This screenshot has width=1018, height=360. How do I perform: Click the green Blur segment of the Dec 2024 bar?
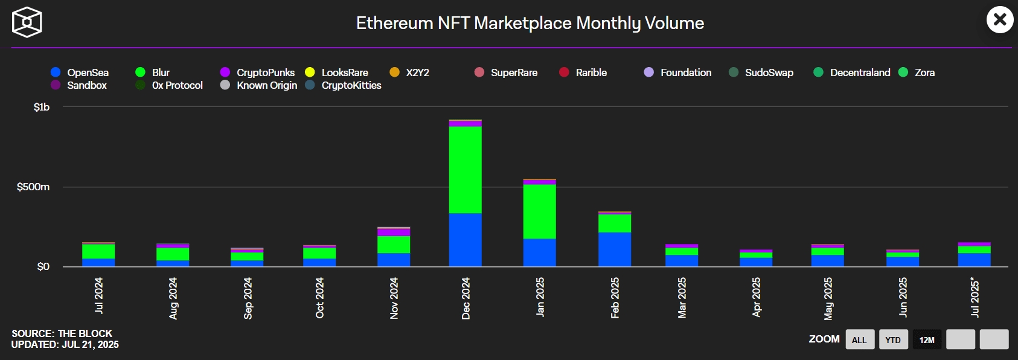(x=466, y=170)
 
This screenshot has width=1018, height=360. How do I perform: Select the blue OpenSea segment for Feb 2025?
(x=615, y=249)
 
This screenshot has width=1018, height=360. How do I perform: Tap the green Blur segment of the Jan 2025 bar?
(x=540, y=211)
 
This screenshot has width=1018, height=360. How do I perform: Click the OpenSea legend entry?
(x=80, y=72)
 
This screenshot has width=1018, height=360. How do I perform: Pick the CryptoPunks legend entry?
(x=258, y=72)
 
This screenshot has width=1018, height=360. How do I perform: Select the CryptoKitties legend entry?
(x=344, y=85)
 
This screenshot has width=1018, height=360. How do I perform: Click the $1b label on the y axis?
(x=42, y=107)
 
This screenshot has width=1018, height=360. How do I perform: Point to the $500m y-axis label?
(x=33, y=187)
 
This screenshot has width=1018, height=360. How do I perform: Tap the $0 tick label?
(x=43, y=266)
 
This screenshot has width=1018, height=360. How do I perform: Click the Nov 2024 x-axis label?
(x=394, y=298)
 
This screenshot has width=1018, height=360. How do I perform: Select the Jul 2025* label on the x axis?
(x=975, y=297)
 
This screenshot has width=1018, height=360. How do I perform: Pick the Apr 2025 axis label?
(x=757, y=297)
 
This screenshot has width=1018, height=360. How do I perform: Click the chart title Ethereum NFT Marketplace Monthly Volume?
(x=530, y=23)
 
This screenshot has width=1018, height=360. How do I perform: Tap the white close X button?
(x=1000, y=19)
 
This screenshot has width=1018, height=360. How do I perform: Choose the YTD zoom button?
(x=893, y=339)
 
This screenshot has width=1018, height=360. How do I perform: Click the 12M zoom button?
(x=927, y=339)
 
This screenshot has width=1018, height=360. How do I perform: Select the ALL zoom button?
(x=859, y=339)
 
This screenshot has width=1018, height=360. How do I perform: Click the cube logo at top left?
(x=27, y=22)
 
